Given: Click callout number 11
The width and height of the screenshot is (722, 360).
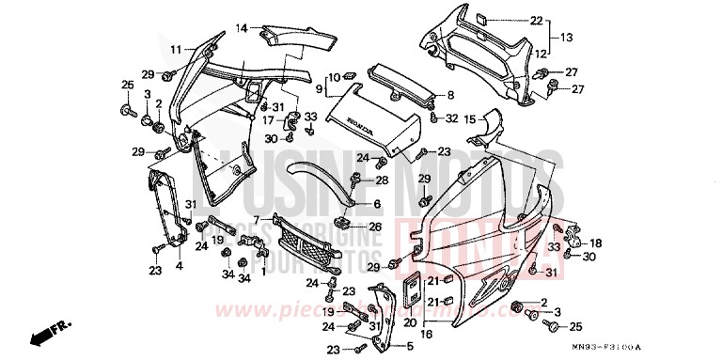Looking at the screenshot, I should [x=175, y=49].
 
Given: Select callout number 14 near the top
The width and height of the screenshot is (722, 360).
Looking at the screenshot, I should [x=242, y=28].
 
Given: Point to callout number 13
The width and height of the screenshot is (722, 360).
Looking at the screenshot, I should [x=567, y=37].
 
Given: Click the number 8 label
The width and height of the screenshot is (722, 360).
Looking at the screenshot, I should [x=450, y=95].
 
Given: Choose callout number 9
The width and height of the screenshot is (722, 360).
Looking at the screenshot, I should [x=319, y=90].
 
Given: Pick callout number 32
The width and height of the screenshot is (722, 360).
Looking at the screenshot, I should [x=452, y=118].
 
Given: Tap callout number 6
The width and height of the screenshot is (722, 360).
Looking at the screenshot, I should [x=376, y=204].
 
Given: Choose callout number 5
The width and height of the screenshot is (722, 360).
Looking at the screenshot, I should [x=409, y=345].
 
